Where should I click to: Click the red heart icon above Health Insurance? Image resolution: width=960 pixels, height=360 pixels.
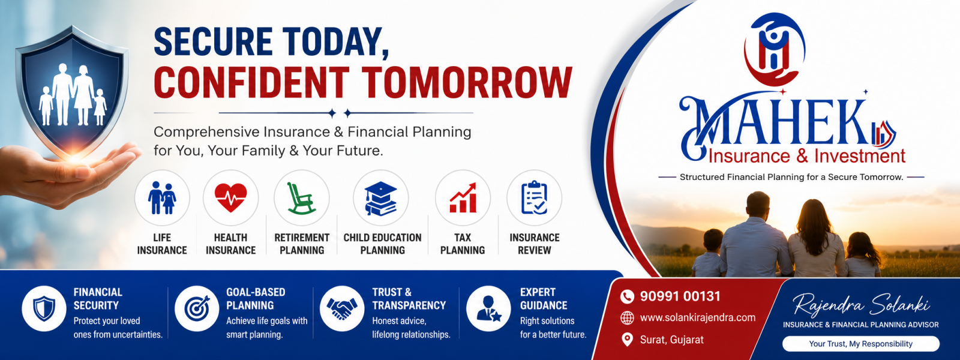click(230, 197)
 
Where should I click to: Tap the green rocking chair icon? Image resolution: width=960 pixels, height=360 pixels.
click(301, 198)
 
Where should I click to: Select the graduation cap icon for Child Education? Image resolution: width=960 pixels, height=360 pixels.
click(380, 199)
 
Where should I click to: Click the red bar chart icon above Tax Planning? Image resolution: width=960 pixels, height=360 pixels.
click(463, 197)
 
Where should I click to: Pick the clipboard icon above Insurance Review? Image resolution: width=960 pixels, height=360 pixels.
click(534, 197)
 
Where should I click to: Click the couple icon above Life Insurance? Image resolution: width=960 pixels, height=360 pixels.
click(162, 197)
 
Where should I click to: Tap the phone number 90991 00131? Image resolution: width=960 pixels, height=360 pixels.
click(680, 296)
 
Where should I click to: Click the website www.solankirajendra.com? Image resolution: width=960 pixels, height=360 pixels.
click(698, 317)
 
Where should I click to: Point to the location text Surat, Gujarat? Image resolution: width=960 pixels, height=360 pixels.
click(671, 340)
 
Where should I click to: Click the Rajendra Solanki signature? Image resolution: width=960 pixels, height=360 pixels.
click(861, 305)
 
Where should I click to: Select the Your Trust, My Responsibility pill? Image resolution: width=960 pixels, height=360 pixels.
click(860, 344)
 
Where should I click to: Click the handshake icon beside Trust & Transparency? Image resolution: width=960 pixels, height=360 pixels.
click(341, 308)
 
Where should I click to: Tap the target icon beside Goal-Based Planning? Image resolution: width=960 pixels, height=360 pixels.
click(197, 308)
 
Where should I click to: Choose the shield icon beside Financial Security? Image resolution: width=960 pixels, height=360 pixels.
click(44, 308)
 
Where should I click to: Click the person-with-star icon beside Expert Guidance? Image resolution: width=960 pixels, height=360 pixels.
click(488, 308)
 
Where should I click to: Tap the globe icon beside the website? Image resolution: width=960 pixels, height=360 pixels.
click(627, 317)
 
